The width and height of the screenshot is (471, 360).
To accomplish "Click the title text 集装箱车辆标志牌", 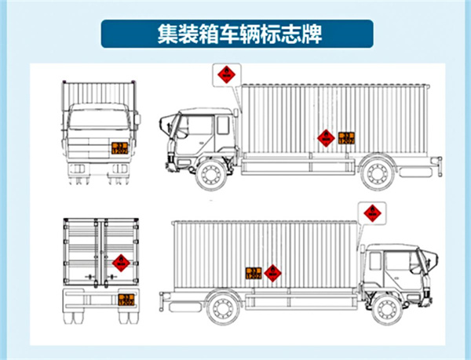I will [x=235, y=35].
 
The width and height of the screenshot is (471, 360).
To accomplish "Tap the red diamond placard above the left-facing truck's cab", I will [x=225, y=75].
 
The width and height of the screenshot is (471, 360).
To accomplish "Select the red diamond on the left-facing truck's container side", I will [x=326, y=138].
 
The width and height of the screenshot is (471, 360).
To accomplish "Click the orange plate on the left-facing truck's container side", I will [x=346, y=138].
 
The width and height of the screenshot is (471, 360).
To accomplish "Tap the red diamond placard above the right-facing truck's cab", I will [x=368, y=212].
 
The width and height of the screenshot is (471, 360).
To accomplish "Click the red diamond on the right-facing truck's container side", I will [x=274, y=273].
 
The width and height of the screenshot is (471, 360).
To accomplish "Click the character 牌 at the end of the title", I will [x=305, y=35].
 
